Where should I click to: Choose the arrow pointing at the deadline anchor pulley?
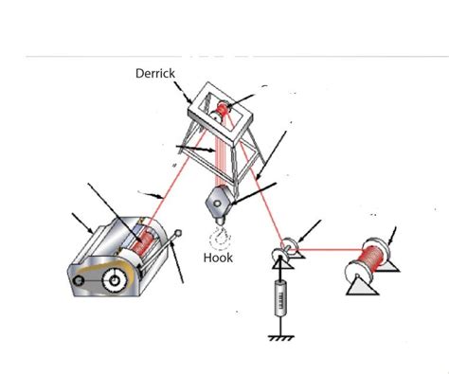[312, 229]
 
